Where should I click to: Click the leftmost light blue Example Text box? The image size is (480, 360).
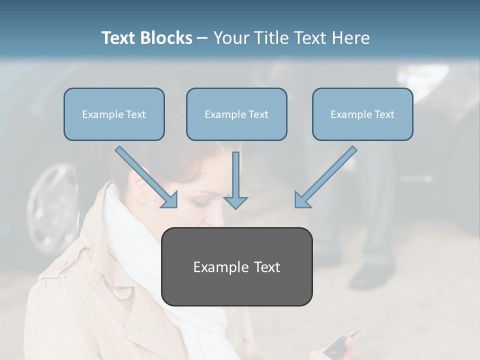click(114, 114)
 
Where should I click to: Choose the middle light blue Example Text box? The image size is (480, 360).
click(236, 114)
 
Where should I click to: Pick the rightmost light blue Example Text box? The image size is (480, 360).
click(362, 114)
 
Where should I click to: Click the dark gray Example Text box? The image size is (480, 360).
click(236, 267)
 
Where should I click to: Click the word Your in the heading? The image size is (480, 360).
click(232, 38)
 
